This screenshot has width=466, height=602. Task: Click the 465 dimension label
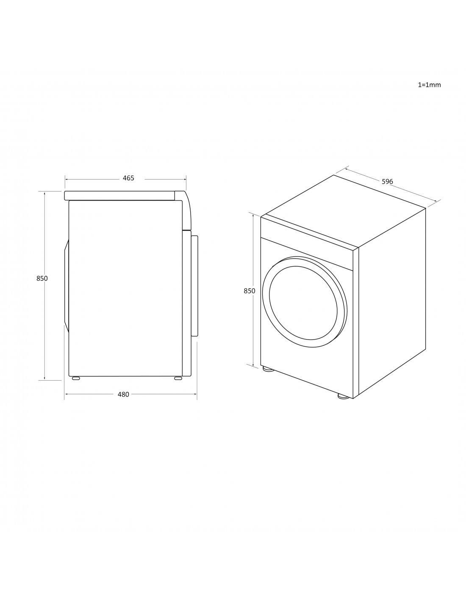click(x=128, y=178)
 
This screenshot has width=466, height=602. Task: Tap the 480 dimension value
click(x=123, y=394)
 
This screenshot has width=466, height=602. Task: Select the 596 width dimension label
click(x=387, y=182)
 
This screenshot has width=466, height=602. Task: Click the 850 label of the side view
click(x=42, y=279)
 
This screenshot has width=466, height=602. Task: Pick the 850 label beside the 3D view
click(x=250, y=291)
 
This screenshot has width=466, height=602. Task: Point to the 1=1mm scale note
click(x=429, y=85)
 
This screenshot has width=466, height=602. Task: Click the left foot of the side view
click(x=76, y=378)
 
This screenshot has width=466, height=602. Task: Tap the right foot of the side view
click(x=178, y=378)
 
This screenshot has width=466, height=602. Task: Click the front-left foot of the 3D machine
click(x=267, y=369)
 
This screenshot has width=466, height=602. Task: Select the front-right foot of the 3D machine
click(x=343, y=396)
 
